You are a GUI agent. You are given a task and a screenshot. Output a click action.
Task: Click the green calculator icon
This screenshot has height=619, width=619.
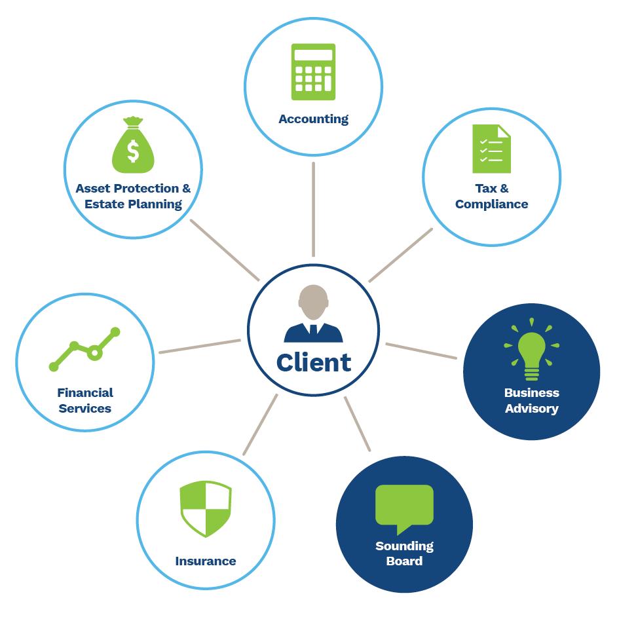point(314,71)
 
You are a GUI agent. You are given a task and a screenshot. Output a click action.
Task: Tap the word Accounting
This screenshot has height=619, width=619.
point(313,119)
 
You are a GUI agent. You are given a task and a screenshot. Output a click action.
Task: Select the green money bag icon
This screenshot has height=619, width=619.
point(133,147)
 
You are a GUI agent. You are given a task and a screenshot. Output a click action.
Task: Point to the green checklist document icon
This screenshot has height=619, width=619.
point(491,149)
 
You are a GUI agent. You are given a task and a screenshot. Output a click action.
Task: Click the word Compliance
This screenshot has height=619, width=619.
point(491,204)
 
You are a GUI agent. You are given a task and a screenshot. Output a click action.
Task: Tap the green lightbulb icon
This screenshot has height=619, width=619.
point(531,350)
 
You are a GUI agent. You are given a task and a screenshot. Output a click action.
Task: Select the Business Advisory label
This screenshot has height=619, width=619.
point(531,400)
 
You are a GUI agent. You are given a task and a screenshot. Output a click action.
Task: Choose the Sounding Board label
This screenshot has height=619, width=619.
point(404,553)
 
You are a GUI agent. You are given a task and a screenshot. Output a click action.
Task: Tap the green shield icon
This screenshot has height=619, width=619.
point(206,509)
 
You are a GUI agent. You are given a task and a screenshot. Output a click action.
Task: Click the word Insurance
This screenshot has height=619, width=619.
point(206,561)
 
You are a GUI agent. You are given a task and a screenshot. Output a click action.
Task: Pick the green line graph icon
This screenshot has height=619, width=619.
point(85,348)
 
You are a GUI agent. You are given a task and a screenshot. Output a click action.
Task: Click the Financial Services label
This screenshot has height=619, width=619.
point(85,400)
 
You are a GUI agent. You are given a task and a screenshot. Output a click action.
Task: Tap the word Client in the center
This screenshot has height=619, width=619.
point(313,362)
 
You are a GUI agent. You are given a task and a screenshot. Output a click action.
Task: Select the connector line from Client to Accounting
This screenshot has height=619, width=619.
point(314,210)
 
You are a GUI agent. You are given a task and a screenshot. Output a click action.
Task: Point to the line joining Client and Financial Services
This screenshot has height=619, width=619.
point(200,347)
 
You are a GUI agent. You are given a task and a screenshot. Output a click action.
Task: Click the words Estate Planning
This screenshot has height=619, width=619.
point(133,204)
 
